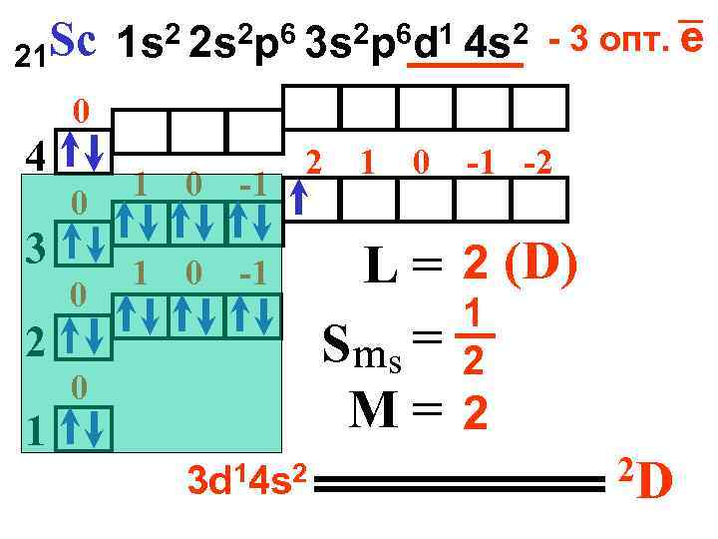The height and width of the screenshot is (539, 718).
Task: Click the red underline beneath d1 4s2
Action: [467, 66]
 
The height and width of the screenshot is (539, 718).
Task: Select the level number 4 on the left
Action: [35, 156]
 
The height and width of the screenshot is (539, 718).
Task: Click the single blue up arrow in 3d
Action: [298, 199]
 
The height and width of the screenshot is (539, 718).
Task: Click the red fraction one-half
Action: [478, 338]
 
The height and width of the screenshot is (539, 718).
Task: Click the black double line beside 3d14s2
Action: [463, 485]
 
